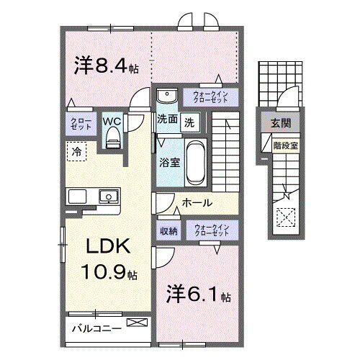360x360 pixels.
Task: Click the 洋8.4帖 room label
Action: [107, 66]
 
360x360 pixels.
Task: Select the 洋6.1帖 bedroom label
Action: [197, 296]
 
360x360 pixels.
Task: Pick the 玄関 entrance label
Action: [282, 124]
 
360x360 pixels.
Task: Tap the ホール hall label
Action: [196, 203]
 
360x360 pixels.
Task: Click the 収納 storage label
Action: [168, 231]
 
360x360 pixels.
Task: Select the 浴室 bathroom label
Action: [169, 163]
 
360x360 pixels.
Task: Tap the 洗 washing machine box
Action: [189, 122]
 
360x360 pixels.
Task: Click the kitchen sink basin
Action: [109, 195]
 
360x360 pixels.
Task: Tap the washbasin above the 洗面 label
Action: [167, 96]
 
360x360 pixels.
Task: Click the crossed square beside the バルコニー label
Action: [135, 325]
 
